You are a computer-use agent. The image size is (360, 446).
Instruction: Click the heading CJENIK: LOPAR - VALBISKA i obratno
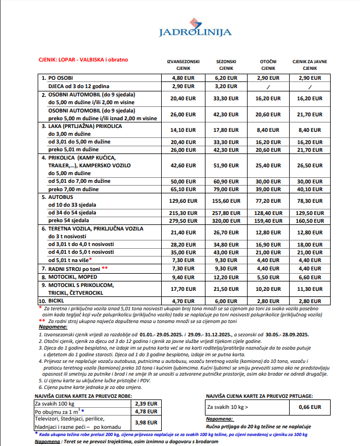pyautogui.click(x=83, y=59)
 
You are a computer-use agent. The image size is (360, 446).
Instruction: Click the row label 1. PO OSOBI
pyautogui.click(x=61, y=78)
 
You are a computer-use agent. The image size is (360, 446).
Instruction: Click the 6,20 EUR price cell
pyautogui.click(x=227, y=78)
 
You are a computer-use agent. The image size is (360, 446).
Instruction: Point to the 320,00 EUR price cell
pyautogui.click(x=227, y=221)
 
